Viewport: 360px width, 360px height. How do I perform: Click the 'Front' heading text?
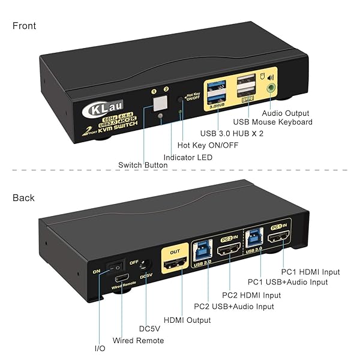24,26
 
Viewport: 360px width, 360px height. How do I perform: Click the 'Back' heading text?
23,197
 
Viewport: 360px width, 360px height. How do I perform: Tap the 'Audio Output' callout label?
286,113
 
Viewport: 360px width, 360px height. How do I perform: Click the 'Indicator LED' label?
188,157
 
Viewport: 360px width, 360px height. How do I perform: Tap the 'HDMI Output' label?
187,320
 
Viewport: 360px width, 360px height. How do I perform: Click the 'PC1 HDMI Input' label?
311,272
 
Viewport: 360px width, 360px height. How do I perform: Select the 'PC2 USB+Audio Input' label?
234,307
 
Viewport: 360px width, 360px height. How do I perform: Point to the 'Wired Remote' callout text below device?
138,341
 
